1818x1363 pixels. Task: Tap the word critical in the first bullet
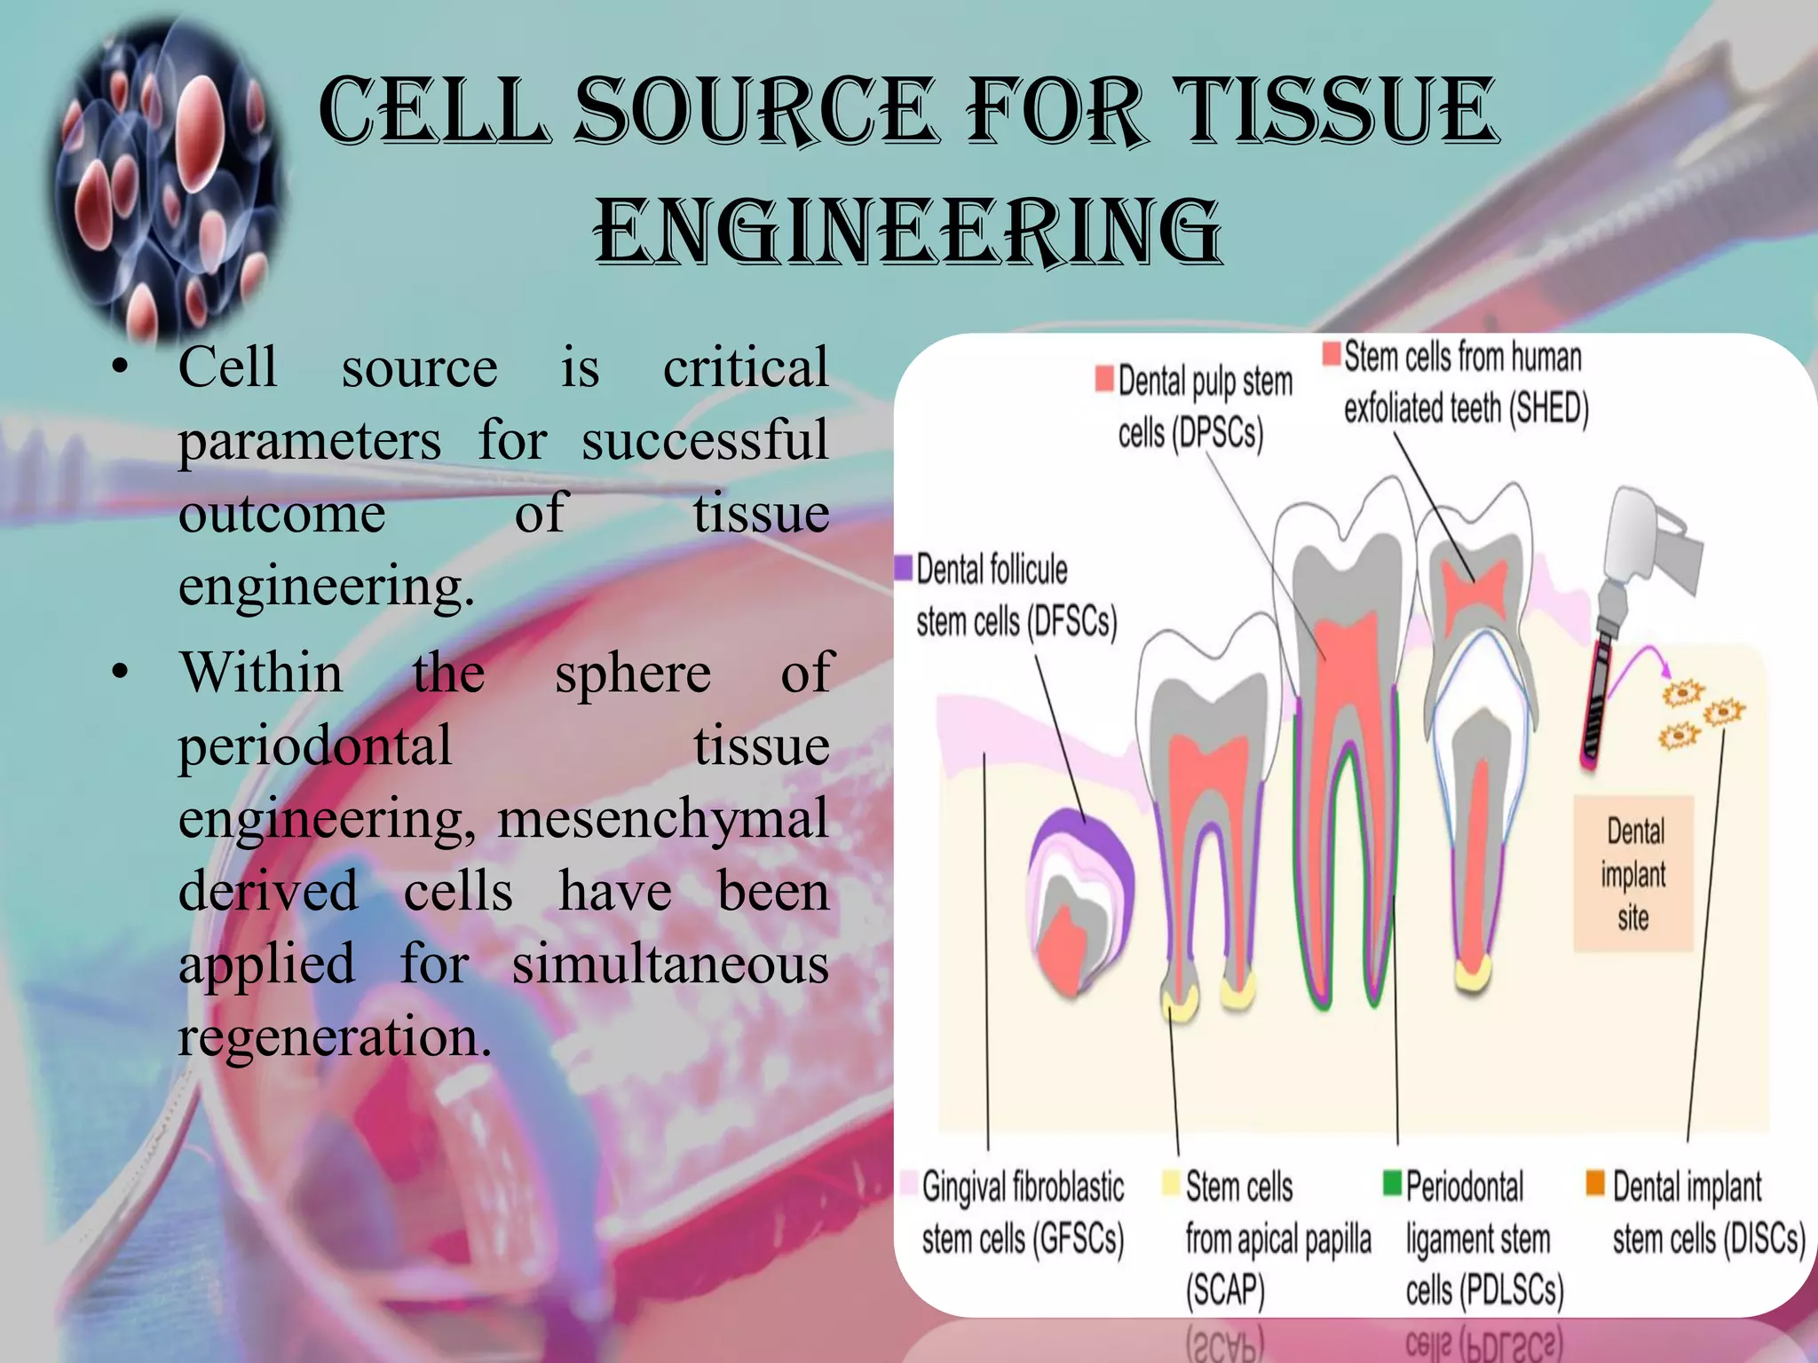click(746, 366)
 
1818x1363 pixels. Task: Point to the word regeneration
click(335, 1036)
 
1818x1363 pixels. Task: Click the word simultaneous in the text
click(670, 964)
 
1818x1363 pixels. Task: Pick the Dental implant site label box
click(1633, 874)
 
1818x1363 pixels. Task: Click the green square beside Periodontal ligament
click(1392, 1183)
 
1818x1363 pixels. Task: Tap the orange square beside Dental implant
click(1595, 1183)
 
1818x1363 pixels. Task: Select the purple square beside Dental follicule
click(904, 567)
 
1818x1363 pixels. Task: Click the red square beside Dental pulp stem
click(1104, 378)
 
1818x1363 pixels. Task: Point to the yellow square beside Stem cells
click(1172, 1183)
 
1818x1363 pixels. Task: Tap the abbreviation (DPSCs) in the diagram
click(1217, 434)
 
